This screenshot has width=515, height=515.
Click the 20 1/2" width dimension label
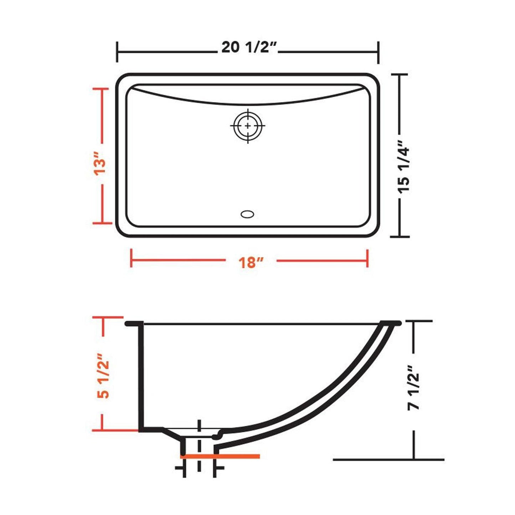tap(249, 47)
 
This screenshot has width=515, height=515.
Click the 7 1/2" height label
tap(414, 387)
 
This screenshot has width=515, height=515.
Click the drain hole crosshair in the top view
tap(248, 126)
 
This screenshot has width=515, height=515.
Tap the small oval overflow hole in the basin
tap(247, 214)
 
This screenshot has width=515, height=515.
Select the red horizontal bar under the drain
tap(220, 456)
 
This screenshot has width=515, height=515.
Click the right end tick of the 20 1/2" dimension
tap(378, 52)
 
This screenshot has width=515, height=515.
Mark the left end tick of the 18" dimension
tap(132, 258)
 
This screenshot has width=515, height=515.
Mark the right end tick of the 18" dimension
tap(367, 258)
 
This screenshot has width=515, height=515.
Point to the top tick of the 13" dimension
tap(103, 89)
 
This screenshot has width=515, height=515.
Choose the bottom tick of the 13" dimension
tap(103, 223)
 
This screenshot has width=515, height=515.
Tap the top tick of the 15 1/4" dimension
tap(400, 74)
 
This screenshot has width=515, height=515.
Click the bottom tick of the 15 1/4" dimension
tap(400, 236)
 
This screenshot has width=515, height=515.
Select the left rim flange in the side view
tap(134, 324)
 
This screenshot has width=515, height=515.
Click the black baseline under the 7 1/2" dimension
tap(388, 459)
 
